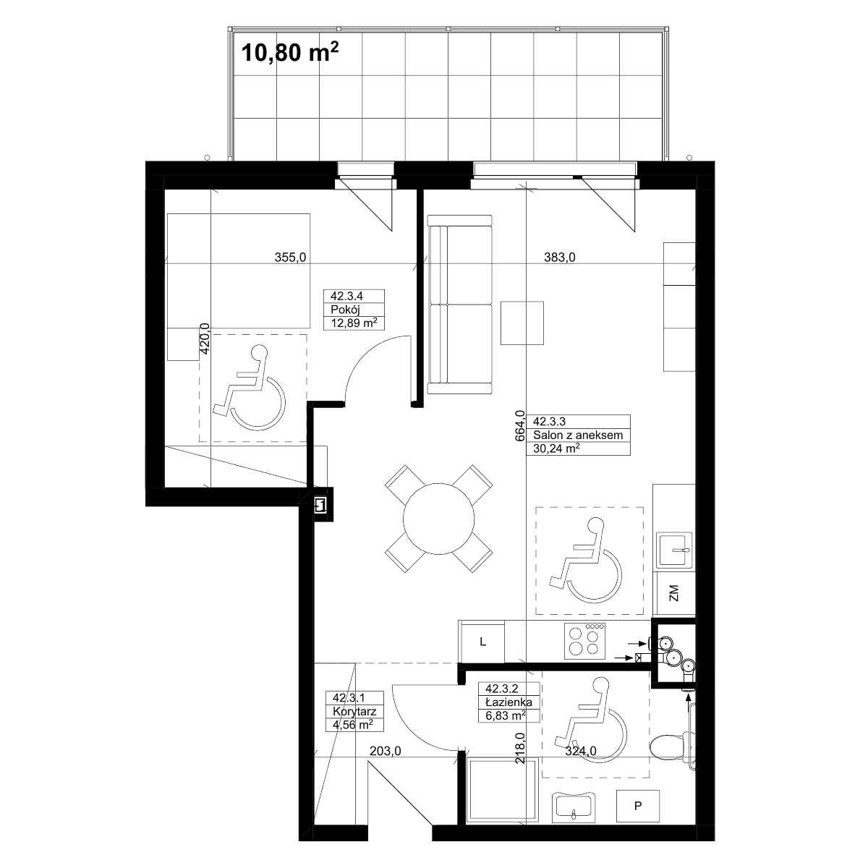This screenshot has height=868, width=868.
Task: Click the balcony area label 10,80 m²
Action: point(289,52)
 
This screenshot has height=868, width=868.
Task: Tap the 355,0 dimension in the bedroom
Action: point(291,258)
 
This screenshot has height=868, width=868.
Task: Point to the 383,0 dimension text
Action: point(559,258)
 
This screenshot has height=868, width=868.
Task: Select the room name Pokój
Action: point(346,310)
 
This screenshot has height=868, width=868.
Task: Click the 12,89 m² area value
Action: point(354,323)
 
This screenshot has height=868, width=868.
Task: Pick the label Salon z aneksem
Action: point(578,435)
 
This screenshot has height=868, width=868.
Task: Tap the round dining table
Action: point(438,519)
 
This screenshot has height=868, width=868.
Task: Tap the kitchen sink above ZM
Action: point(674,550)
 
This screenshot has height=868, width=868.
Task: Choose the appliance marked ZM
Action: point(674,593)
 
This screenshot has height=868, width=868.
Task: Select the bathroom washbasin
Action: point(574,812)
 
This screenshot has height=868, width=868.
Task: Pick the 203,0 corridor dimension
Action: point(385,751)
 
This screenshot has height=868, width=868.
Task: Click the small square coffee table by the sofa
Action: point(522,323)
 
